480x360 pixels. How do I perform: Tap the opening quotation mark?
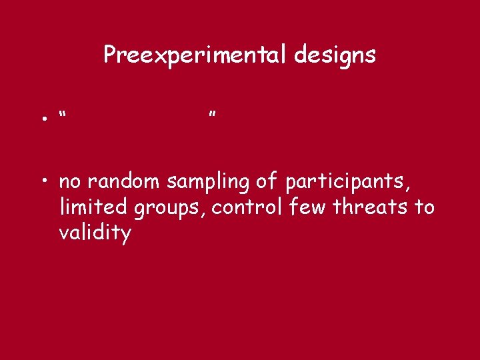pyautogui.click(x=62, y=115)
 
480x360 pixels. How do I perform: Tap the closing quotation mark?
pyautogui.click(x=212, y=115)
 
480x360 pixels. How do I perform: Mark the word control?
pyautogui.click(x=248, y=207)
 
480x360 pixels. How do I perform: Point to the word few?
pyautogui.click(x=309, y=207)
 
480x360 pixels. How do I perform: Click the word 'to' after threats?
pyautogui.click(x=425, y=207)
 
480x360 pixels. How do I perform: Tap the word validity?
pyautogui.click(x=95, y=235)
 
